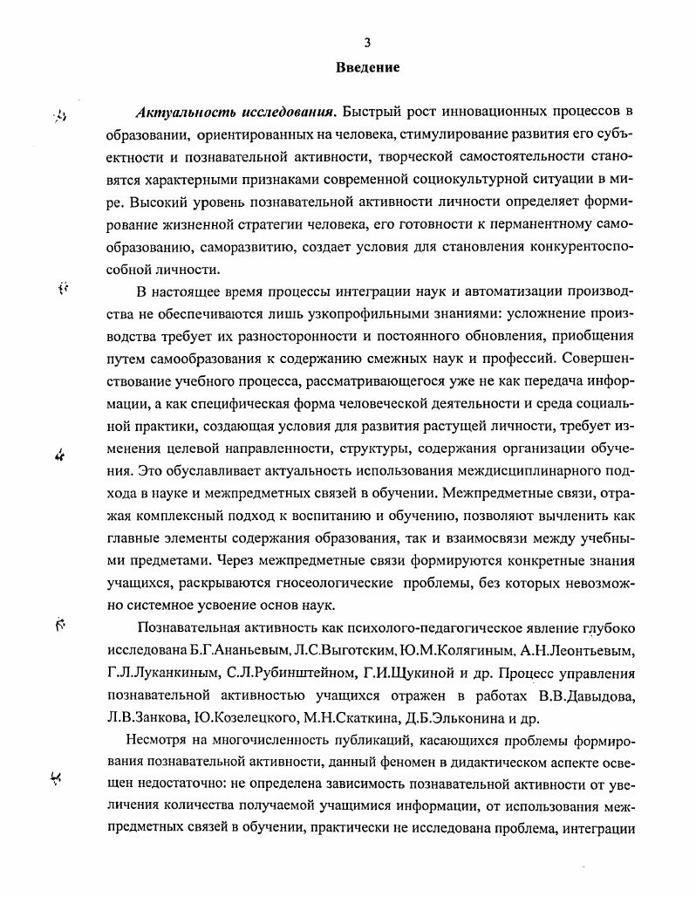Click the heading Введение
point(367,67)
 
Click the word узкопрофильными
point(345,313)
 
